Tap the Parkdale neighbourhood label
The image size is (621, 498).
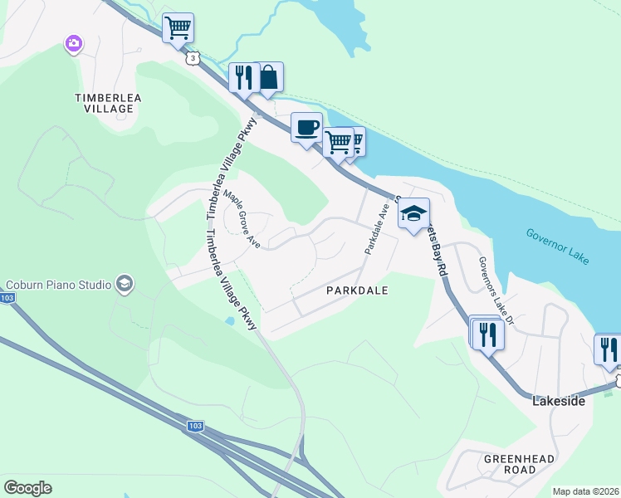[x=357, y=291]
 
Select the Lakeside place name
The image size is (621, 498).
[x=558, y=401]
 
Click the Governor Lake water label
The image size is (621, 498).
[x=558, y=247]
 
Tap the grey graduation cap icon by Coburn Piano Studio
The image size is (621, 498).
[x=124, y=285]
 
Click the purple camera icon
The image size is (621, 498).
[x=74, y=43]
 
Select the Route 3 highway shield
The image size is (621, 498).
[x=193, y=58]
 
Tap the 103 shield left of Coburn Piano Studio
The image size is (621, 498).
[x=7, y=297]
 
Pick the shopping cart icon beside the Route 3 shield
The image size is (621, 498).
[x=178, y=27]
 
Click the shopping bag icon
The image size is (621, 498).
[x=268, y=77]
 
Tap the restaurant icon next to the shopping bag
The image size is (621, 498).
[x=243, y=77]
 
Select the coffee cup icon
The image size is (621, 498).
[x=306, y=127]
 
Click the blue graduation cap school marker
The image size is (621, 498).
[x=413, y=214]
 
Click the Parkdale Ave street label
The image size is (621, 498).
[x=374, y=230]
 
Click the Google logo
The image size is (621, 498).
[x=27, y=488]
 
